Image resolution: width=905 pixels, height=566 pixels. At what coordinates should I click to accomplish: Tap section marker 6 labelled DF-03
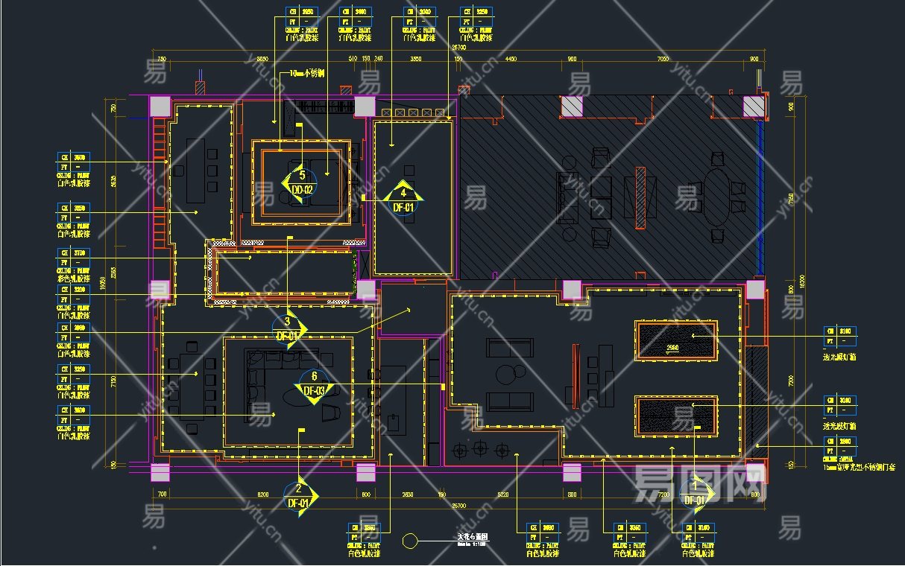[314, 384]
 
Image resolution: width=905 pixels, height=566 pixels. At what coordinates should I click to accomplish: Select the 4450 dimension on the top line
[511, 58]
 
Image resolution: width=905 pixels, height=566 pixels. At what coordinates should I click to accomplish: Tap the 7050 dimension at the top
[662, 58]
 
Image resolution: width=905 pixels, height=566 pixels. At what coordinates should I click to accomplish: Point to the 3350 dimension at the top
[415, 58]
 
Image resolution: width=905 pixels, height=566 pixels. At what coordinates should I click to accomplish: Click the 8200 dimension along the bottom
[262, 494]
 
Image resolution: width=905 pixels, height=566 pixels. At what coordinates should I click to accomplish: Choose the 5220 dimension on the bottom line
[502, 494]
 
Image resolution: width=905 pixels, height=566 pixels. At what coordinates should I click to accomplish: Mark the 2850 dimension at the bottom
[407, 494]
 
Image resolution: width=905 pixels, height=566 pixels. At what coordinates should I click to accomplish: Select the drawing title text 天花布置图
[472, 536]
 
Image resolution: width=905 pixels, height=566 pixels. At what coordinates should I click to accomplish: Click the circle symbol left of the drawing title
[409, 541]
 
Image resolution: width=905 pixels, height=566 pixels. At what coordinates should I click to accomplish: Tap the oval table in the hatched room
[717, 197]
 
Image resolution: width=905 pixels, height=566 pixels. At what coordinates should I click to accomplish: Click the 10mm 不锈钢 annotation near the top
[306, 74]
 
